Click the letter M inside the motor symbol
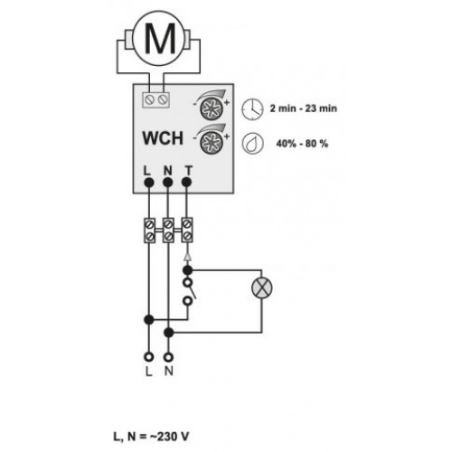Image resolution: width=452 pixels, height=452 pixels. (160, 38)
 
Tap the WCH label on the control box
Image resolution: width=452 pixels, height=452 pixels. (163, 138)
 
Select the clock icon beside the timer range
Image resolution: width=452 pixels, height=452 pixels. (252, 108)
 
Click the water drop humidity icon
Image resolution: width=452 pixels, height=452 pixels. (252, 144)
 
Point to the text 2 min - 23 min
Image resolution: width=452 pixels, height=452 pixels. (303, 108)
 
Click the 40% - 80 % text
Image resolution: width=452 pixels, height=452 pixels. (302, 144)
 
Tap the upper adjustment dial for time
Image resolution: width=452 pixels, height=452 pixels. (212, 108)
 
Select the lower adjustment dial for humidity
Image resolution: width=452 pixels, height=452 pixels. (212, 142)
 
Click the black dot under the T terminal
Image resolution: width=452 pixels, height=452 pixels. (187, 182)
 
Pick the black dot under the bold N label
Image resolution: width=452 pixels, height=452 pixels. (167, 182)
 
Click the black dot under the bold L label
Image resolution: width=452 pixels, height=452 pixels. (149, 182)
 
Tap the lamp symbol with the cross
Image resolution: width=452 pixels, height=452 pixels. (262, 288)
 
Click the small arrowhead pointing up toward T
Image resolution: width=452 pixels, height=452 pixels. (187, 256)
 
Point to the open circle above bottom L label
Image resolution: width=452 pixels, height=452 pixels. (149, 357)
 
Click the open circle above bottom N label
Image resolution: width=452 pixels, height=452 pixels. (168, 357)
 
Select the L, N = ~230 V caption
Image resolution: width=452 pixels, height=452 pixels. (151, 437)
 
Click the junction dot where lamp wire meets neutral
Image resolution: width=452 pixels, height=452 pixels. (169, 333)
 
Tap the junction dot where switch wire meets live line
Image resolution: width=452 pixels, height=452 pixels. (149, 319)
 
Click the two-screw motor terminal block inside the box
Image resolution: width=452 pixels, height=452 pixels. (155, 99)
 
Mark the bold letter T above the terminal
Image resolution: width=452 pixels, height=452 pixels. (188, 171)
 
